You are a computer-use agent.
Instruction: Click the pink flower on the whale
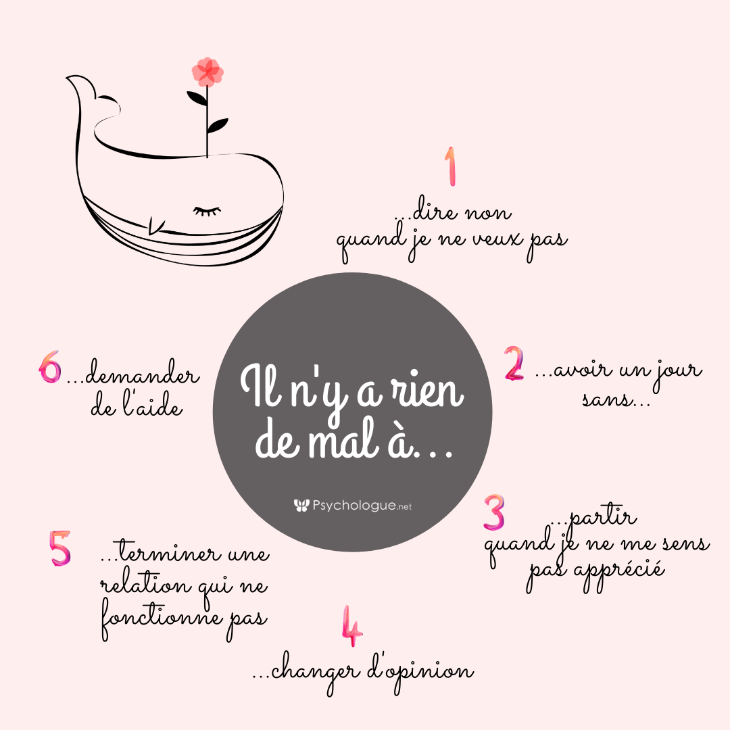(x=208, y=72)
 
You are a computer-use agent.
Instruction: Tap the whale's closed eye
(x=208, y=211)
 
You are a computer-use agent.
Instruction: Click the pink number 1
(x=451, y=167)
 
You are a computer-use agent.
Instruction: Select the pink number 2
(x=514, y=363)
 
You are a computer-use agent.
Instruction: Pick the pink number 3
(x=494, y=512)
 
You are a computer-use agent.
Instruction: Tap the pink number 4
(x=352, y=626)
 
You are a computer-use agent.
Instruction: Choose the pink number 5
(x=60, y=548)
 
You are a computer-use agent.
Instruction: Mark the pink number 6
(x=50, y=367)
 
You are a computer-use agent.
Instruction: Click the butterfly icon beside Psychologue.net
(x=301, y=506)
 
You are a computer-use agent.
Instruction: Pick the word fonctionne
(x=162, y=618)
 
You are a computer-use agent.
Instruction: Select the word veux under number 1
(x=497, y=239)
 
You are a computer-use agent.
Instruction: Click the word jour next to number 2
(x=678, y=372)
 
